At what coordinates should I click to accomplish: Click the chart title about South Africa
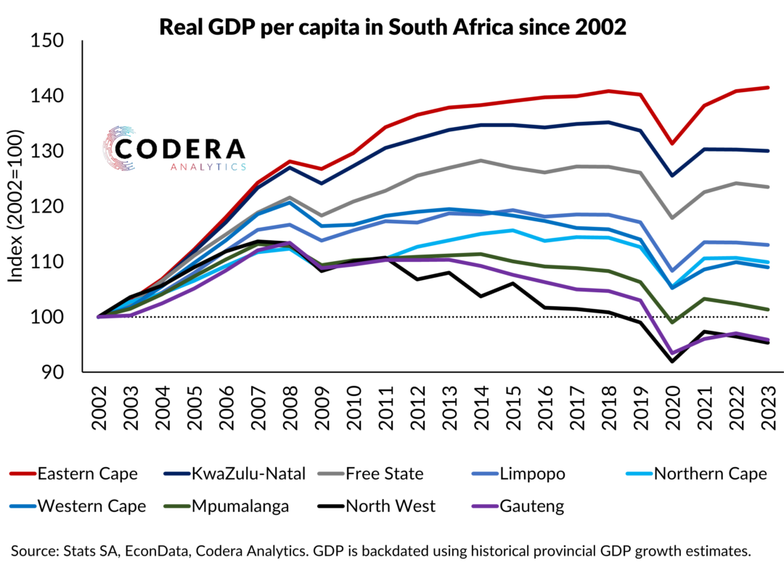[392, 28]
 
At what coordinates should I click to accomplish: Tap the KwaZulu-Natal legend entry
[240, 474]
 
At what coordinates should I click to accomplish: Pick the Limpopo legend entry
[529, 474]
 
